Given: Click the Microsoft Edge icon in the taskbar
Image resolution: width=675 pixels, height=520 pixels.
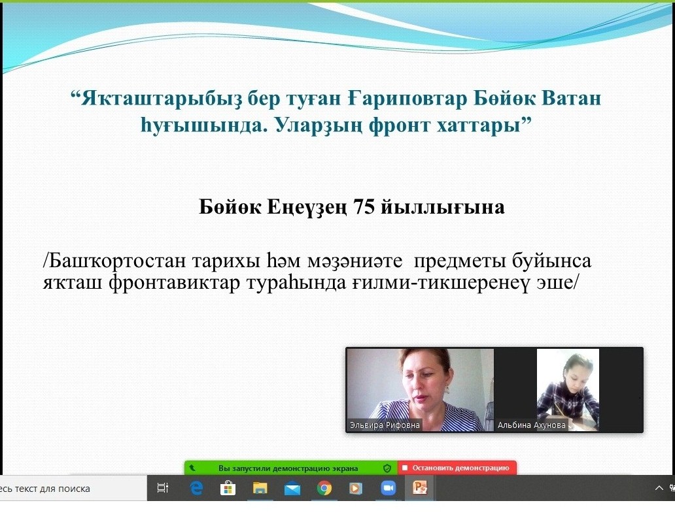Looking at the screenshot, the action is [196, 488].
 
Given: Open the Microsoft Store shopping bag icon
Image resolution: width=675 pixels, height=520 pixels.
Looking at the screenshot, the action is [228, 488].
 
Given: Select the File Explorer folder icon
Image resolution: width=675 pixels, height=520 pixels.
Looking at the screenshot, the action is [260, 488].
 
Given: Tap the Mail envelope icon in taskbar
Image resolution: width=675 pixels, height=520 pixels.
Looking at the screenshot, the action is [292, 489].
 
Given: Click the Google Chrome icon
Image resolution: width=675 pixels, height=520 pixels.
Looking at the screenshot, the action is [324, 488].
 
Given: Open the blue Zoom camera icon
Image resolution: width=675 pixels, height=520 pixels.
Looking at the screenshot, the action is [388, 488].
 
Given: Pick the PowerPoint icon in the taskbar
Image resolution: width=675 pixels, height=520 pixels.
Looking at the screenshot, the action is [420, 488].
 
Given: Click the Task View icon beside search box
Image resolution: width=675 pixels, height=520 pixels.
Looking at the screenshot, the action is [163, 488].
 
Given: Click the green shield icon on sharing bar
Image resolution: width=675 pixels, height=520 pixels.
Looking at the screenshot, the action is [387, 468].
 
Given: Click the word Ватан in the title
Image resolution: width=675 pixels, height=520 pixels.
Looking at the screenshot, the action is [571, 98].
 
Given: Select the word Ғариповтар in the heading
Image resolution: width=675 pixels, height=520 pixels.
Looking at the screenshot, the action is [407, 98].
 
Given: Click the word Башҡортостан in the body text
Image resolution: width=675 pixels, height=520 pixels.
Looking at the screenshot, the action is [116, 261].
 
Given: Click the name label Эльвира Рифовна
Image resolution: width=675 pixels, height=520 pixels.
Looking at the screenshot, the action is [385, 425].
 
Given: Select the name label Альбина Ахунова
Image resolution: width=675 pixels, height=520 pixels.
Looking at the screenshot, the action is [531, 425].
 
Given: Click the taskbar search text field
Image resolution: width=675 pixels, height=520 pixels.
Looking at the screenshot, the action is [73, 488].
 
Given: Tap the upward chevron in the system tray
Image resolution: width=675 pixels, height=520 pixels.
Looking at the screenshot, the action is [659, 488].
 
